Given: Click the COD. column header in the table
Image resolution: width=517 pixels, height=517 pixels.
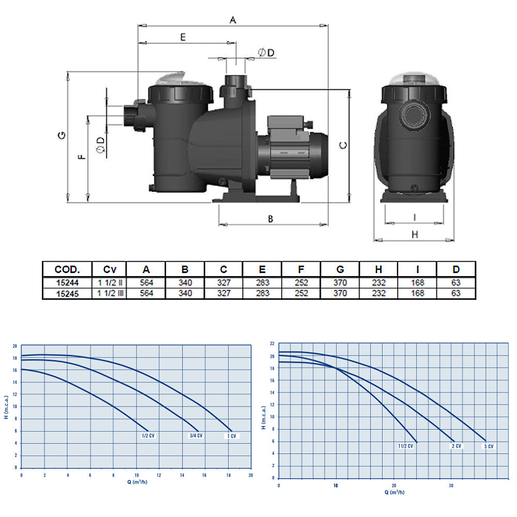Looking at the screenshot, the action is coord(67,269).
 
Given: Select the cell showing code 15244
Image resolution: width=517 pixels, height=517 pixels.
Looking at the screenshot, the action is coord(67,283).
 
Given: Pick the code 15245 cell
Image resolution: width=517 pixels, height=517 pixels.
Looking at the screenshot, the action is coord(67,294).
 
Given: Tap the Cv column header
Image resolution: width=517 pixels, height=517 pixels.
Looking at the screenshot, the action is coord(110,269).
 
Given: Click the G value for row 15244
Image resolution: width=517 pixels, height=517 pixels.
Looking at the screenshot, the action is coord(340,283).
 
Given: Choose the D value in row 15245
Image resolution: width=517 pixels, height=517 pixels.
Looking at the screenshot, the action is coord(456,293).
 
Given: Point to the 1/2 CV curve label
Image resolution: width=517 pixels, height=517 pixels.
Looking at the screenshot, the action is coord(148,435).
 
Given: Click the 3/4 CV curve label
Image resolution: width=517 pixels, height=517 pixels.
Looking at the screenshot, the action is coord(196,435).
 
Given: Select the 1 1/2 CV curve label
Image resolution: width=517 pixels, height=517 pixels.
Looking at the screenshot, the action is coord(405,446).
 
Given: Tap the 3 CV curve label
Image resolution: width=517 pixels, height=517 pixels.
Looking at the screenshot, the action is coord(489,447).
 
